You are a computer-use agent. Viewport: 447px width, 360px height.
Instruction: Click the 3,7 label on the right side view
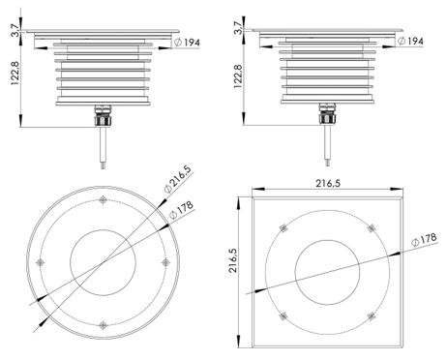238,27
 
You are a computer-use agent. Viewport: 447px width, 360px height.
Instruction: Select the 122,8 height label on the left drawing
15,74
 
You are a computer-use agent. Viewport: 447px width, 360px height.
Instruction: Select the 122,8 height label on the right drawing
238,76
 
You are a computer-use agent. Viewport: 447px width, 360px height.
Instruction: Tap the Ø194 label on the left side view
187,42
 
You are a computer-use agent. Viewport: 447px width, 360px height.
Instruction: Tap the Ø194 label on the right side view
410,41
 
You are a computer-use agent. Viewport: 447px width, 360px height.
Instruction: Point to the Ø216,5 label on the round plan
177,179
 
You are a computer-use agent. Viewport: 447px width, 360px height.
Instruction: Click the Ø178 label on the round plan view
181,210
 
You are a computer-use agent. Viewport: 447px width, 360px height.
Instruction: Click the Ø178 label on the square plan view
424,240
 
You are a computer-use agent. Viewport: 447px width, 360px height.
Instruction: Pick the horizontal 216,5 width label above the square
328,184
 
